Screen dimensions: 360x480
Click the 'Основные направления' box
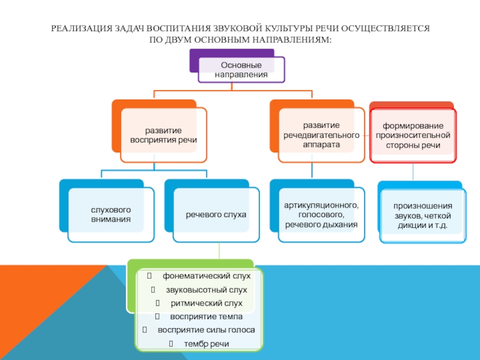tap(241, 70)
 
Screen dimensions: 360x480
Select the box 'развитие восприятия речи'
tap(163, 135)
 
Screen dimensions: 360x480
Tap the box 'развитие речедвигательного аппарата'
tap(321, 135)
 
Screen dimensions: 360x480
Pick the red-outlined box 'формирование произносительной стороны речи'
tap(413, 136)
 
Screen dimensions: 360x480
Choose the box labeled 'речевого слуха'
tap(216, 214)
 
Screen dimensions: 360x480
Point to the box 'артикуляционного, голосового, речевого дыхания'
tap(321, 215)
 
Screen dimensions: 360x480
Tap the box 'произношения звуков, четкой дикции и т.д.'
tap(422, 216)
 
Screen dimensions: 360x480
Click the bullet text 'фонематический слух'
tap(206, 276)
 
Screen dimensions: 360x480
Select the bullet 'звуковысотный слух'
tap(206, 290)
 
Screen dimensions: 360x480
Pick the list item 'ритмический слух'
tap(206, 303)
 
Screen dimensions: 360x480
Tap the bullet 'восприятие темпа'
tap(206, 317)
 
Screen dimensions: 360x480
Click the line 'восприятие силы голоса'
tap(206, 330)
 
